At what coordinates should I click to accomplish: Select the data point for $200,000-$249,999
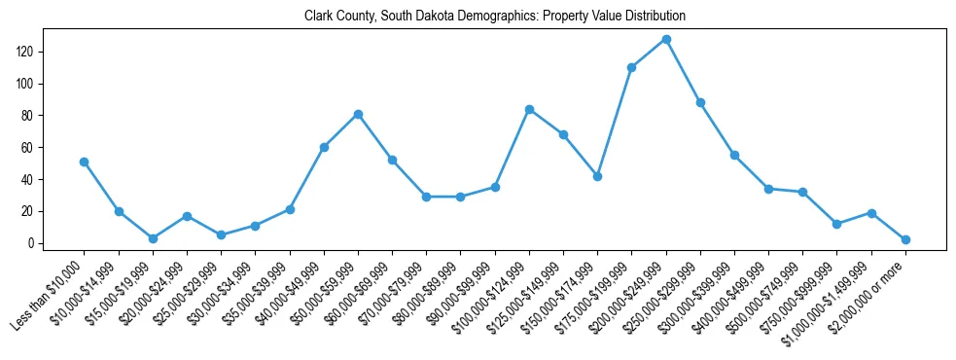point(666,40)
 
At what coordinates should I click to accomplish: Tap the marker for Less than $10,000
point(85,162)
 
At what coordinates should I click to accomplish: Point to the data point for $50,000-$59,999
point(358,114)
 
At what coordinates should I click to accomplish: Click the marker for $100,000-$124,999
point(529,109)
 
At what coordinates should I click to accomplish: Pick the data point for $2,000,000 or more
point(905,239)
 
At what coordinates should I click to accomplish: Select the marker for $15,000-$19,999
point(153,238)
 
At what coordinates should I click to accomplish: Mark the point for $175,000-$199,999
point(632,68)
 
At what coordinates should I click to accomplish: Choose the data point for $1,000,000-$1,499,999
point(871,213)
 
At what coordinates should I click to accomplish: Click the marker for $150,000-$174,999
point(598,176)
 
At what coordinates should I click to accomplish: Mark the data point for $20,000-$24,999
point(187,216)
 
